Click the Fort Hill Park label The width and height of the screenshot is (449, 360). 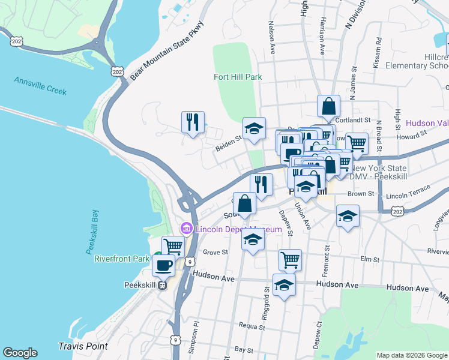click(238, 77)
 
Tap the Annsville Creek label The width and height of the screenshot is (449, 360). click(40, 86)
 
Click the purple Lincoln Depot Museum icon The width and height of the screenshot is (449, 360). click(186, 229)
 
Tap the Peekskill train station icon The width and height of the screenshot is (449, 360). click(161, 286)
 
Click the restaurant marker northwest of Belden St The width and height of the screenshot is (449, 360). click(193, 122)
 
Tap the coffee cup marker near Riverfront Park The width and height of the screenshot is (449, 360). click(163, 265)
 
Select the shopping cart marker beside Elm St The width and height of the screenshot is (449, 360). click(290, 260)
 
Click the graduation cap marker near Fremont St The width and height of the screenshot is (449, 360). click(348, 216)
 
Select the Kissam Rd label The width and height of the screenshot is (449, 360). click(377, 53)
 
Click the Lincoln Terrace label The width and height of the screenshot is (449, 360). click(408, 193)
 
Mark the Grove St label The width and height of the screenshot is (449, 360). click(213, 253)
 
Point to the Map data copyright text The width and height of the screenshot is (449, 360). click(411, 355)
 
